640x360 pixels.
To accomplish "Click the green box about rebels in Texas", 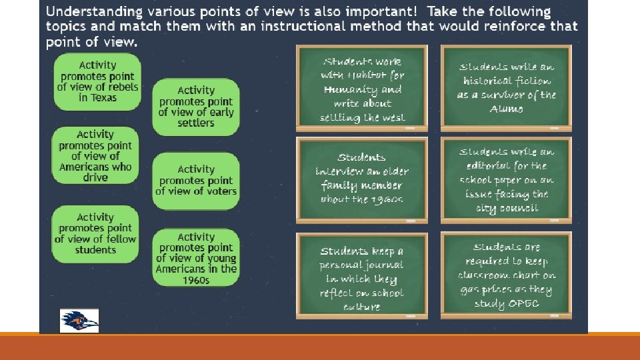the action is tap(97, 82).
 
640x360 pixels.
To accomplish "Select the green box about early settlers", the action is tap(196, 107).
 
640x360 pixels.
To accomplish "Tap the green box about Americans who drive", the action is tap(95, 156).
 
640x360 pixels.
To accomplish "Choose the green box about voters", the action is tap(196, 181).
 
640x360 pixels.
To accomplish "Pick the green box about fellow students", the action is tap(95, 233).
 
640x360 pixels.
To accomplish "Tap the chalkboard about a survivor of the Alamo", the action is tap(506, 87).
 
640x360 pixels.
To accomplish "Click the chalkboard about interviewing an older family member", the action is tap(361, 179).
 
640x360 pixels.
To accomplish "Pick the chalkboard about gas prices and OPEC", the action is tap(506, 275).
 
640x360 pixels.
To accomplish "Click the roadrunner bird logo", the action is tap(79, 321).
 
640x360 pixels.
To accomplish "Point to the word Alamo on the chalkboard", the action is tap(507, 109).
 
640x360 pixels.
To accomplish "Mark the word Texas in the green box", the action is tap(103, 97).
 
